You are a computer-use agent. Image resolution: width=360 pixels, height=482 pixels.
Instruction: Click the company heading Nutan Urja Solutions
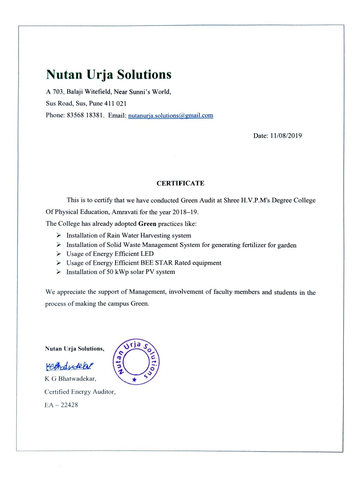[x=108, y=74]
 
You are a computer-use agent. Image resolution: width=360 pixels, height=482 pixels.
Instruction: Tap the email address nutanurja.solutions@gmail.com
[x=170, y=115]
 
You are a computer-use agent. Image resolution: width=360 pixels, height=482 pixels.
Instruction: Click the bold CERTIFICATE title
[x=180, y=183]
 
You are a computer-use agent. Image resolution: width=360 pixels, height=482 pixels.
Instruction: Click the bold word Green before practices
[x=147, y=224]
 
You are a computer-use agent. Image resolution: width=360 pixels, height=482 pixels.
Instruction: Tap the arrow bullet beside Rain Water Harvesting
[x=58, y=235]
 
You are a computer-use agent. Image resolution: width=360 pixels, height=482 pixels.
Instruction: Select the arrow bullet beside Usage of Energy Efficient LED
[x=58, y=254]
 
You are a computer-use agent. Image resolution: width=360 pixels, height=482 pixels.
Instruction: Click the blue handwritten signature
[x=69, y=365]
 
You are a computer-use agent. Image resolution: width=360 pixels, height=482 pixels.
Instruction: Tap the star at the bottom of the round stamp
[x=134, y=380]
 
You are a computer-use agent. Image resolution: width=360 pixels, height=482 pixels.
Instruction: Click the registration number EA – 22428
[x=61, y=405]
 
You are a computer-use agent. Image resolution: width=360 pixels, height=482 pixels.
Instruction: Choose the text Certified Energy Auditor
[x=80, y=392]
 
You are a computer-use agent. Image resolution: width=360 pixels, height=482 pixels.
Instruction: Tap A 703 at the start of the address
[x=54, y=92]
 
